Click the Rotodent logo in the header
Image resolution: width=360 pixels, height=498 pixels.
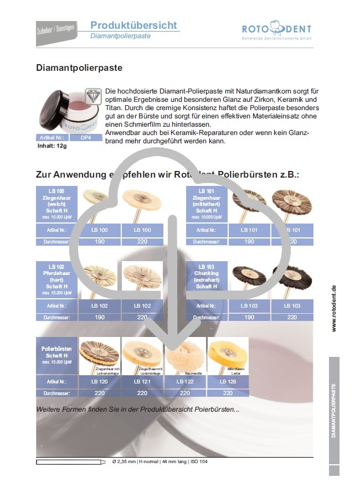[276, 30]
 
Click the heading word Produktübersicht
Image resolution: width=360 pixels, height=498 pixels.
[133, 25]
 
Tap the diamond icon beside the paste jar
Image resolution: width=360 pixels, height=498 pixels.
[92, 94]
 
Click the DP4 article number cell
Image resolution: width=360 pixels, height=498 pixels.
[86, 137]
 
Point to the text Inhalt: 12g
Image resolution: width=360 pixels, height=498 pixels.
[53, 146]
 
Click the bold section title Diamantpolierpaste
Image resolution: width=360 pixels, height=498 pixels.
[79, 68]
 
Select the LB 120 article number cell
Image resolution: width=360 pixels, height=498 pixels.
[100, 382]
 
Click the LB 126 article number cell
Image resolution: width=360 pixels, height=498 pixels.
[228, 382]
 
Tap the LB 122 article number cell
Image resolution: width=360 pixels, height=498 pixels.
[185, 382]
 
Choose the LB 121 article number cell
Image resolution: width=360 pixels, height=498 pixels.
[142, 382]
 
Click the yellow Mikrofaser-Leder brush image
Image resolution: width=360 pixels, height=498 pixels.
[228, 354]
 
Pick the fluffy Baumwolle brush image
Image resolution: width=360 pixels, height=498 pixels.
[185, 354]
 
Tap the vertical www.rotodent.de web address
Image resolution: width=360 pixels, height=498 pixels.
[334, 308]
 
